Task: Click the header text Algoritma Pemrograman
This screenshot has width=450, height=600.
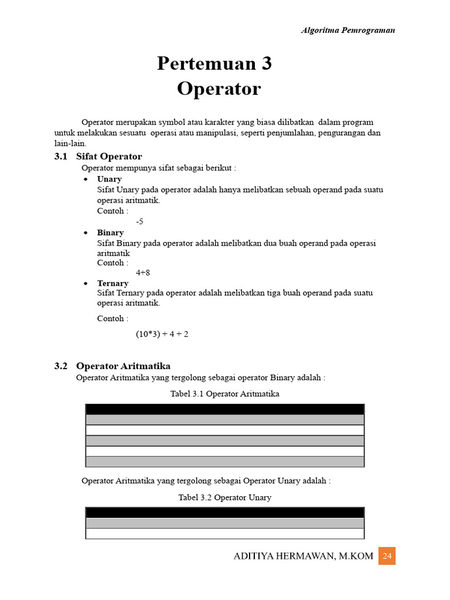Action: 347,30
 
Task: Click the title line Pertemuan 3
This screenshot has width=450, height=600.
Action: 214,63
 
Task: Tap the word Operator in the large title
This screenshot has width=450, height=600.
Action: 219,89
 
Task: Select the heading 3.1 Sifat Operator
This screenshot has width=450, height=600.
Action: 98,156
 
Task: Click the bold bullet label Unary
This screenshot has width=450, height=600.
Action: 110,179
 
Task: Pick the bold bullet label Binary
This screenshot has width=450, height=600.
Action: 110,233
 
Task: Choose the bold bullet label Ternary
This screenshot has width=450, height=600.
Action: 112,283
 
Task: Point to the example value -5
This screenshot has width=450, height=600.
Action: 139,221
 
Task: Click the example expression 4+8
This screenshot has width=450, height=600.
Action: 144,272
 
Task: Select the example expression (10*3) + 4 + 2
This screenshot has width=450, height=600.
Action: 162,334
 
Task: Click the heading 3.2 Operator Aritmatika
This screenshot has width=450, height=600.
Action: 112,366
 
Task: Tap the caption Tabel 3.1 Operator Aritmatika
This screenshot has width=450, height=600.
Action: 224,394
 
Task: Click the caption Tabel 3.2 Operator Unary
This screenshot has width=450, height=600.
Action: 224,497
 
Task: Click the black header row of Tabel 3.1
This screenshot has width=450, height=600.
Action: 224,409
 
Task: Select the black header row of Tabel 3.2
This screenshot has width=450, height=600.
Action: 224,513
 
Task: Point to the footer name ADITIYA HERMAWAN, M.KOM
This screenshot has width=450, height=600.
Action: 303,556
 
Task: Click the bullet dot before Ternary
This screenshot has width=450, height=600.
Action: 86,284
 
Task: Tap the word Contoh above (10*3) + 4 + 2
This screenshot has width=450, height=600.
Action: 110,319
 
